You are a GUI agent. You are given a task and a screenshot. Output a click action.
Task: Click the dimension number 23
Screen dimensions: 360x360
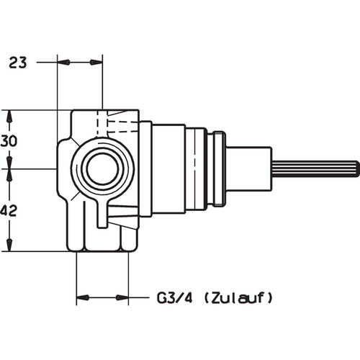(18, 63)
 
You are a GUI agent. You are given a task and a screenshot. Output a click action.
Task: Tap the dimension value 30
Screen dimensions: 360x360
(9, 141)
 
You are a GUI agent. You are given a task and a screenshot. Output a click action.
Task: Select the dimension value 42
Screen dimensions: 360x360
(9, 211)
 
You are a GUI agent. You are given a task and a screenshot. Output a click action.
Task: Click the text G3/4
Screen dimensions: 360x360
(174, 298)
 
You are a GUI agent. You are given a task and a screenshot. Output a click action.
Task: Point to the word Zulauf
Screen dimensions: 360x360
(238, 298)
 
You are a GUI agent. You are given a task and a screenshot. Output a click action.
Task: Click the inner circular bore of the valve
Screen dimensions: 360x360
(102, 168)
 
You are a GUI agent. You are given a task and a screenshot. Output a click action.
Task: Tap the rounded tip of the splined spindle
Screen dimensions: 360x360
(357, 168)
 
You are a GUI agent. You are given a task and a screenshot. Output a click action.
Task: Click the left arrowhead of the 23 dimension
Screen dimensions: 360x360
(63, 63)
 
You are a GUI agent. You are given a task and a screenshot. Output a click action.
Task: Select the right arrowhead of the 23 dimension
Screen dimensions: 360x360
(96, 63)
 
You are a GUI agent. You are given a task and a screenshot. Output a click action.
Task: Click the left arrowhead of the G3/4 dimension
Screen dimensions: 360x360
(83, 298)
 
